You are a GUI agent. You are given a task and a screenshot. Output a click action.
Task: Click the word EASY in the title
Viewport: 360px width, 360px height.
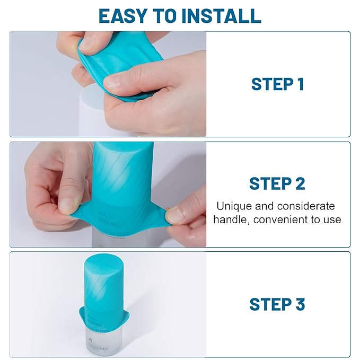click(x=124, y=16)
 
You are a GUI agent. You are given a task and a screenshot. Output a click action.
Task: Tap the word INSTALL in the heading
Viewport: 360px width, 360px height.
click(x=221, y=16)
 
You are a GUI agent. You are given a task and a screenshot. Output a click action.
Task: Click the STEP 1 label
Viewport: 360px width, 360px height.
click(x=277, y=84)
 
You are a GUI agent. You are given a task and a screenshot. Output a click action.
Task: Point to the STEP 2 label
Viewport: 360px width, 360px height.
click(x=277, y=183)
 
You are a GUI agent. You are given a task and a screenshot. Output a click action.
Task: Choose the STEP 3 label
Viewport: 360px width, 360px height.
click(x=277, y=304)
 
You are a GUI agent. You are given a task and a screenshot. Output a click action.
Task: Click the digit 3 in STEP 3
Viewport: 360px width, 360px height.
click(x=300, y=304)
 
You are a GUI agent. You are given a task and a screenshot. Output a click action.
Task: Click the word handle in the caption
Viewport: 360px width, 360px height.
click(x=230, y=219)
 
